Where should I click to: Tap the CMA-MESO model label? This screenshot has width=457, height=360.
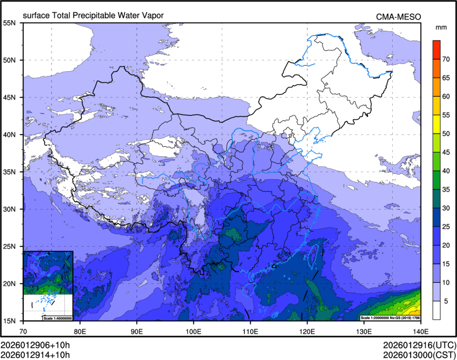pyautogui.click(x=399, y=16)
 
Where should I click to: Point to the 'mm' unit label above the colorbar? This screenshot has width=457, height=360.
pyautogui.click(x=441, y=27)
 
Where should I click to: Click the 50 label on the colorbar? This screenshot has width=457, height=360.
pyautogui.click(x=446, y=133)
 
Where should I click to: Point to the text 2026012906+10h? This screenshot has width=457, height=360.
pyautogui.click(x=35, y=344)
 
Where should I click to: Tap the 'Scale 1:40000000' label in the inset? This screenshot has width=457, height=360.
pyautogui.click(x=57, y=318)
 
